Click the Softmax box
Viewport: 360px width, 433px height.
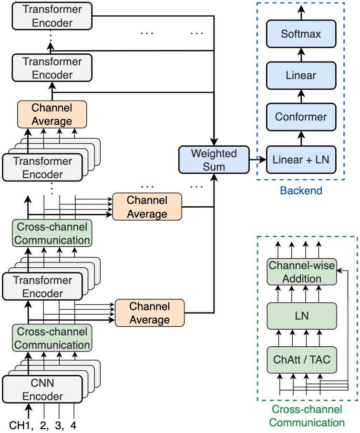pyautogui.click(x=301, y=34)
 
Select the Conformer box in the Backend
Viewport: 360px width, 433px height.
pyautogui.click(x=301, y=117)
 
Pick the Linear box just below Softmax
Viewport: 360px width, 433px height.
pyautogui.click(x=301, y=75)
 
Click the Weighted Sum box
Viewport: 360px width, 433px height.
pyautogui.click(x=214, y=160)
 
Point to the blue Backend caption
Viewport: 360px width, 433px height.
pyautogui.click(x=301, y=191)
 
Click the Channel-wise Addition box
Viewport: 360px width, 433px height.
pyautogui.click(x=302, y=272)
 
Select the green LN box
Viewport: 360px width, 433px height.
pyautogui.click(x=302, y=315)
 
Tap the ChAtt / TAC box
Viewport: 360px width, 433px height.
pyautogui.click(x=302, y=359)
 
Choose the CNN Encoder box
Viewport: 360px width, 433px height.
pyautogui.click(x=43, y=390)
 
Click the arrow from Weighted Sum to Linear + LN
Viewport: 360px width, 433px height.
pyautogui.click(x=258, y=160)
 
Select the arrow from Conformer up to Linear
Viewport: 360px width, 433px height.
pyautogui.click(x=301, y=96)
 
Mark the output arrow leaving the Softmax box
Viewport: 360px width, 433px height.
pyautogui.click(x=301, y=10)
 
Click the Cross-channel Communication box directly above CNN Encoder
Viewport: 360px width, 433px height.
pyautogui.click(x=52, y=338)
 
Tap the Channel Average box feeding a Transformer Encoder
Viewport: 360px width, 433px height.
pyautogui.click(x=52, y=114)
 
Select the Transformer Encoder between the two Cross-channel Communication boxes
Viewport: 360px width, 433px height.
pyautogui.click(x=43, y=287)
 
